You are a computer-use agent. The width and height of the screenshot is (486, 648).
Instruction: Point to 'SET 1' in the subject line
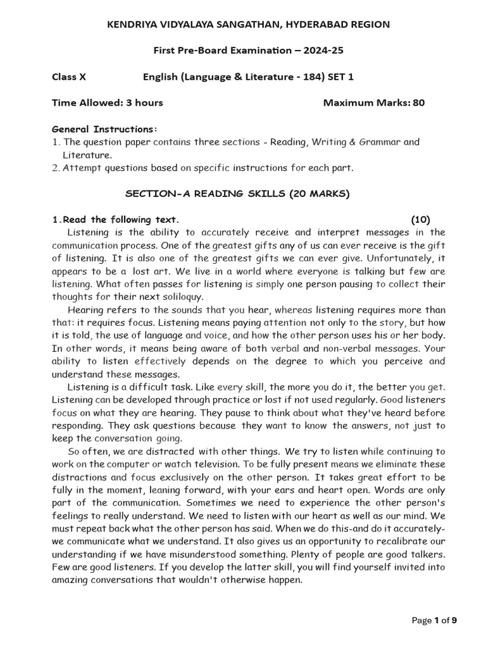tap(340, 77)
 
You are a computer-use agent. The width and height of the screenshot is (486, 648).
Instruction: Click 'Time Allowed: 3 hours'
tap(107, 103)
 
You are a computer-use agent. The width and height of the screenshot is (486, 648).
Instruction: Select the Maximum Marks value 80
tap(418, 103)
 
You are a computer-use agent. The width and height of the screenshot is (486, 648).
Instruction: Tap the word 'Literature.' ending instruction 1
tap(87, 154)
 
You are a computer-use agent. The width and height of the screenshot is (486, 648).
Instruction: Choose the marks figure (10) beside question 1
tap(420, 220)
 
